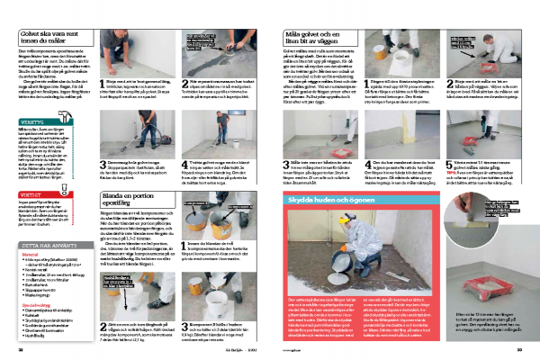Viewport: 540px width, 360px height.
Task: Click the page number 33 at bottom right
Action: [x=519, y=349]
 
